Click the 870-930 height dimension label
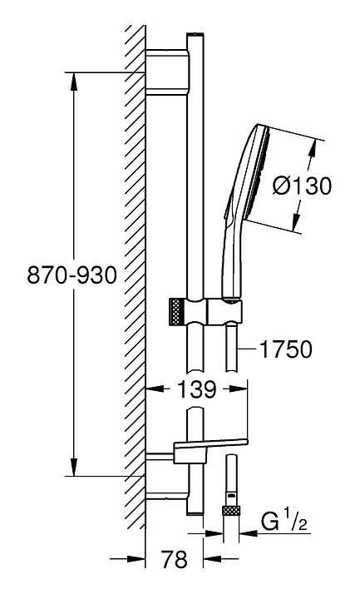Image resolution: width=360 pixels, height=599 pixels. coord(72,275)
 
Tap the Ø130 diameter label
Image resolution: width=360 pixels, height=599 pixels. coord(302,186)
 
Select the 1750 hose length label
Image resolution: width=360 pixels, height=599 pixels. coord(285,349)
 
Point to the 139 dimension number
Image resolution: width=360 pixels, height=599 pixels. coord(197,389)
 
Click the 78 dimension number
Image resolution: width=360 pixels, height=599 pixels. coord(175,559)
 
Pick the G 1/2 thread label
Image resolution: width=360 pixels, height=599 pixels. coord(285,522)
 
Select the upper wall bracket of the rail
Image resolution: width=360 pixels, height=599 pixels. coord(167,72)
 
